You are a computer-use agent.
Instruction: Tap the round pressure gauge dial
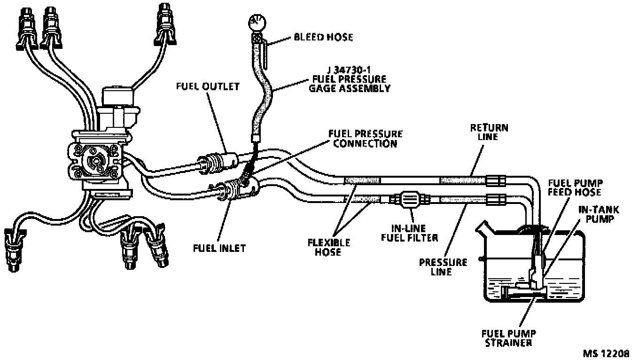point(257,21)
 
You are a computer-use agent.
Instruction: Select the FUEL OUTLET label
point(208,86)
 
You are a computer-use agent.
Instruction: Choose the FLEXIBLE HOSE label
point(329,247)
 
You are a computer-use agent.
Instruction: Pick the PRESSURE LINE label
point(443,267)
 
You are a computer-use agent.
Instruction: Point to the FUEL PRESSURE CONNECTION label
point(365,139)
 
